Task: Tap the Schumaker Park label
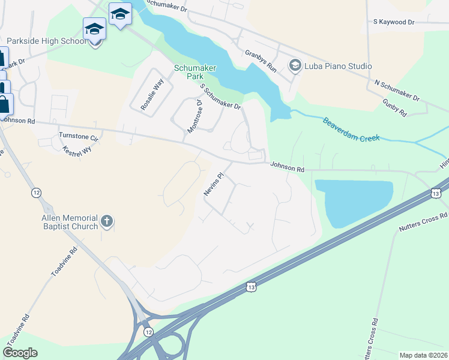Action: click(x=190, y=73)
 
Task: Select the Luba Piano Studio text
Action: click(x=338, y=66)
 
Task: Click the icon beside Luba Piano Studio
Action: click(x=295, y=65)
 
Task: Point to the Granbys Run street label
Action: click(x=260, y=61)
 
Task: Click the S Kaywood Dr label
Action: click(x=393, y=22)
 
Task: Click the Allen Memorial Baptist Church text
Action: click(x=70, y=221)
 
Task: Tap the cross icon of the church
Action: click(x=107, y=221)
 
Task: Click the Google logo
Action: click(x=20, y=353)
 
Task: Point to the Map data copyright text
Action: click(x=423, y=355)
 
